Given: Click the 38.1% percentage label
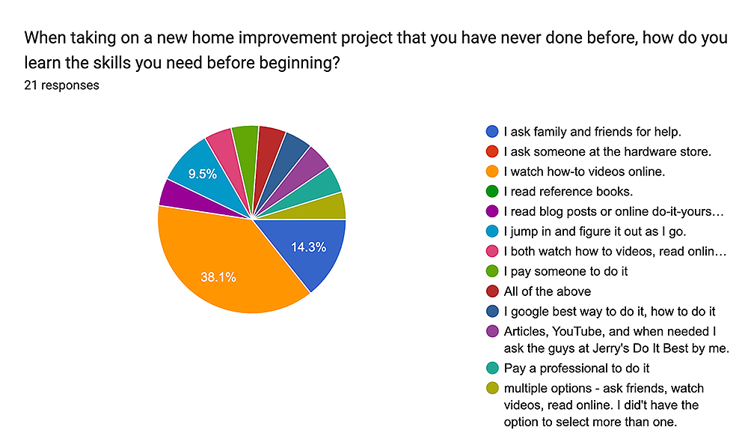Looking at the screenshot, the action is point(218,277).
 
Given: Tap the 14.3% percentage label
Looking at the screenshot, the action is point(309,247).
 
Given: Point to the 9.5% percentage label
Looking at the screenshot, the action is point(202,174).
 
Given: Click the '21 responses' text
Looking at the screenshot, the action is point(61,85).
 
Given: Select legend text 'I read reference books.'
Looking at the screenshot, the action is point(568,192).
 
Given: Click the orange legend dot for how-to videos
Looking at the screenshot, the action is point(492,172).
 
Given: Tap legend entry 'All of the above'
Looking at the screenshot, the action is point(548,291).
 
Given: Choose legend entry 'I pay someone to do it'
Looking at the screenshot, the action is point(565,271).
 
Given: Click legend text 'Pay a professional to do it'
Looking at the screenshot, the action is point(577,369).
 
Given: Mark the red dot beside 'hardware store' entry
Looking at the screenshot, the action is point(492,151).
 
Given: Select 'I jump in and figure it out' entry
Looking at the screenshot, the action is point(595,231).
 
